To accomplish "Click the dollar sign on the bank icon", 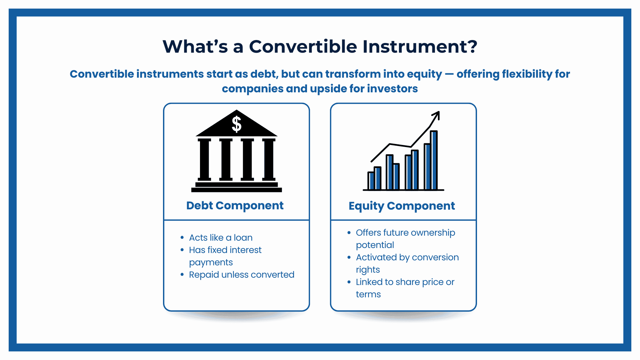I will click(236, 124).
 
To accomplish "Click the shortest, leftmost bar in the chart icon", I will click(371, 181).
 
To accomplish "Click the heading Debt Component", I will click(235, 205).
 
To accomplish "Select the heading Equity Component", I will click(402, 206).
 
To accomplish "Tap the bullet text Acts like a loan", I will click(221, 238).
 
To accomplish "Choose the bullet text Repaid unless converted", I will click(241, 275).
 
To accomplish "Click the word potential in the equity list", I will click(375, 245).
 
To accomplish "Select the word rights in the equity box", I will click(368, 270).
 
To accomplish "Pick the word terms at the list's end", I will click(368, 294).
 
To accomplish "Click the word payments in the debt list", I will click(211, 262).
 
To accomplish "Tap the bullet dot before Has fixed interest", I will click(182, 250).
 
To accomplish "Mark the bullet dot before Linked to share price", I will click(349, 282).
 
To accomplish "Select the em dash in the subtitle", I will click(449, 74).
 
